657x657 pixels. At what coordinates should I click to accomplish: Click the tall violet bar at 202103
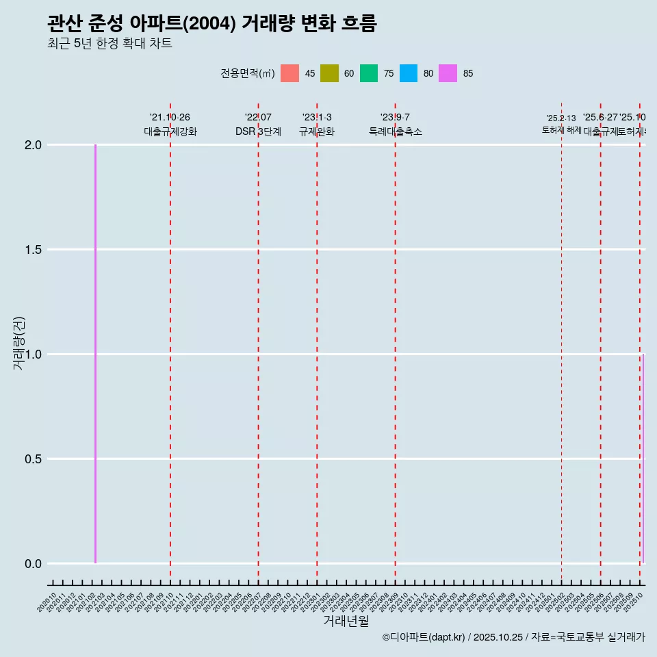point(95,354)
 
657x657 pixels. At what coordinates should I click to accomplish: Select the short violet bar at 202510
point(643,459)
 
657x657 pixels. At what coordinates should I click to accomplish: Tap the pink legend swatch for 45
point(289,73)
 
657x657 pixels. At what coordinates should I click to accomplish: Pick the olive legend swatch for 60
point(329,73)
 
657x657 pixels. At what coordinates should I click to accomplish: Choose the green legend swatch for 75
point(369,73)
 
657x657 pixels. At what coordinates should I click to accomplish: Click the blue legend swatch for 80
point(409,73)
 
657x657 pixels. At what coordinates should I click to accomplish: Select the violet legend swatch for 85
point(448,73)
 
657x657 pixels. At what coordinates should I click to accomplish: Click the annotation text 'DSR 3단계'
point(258,131)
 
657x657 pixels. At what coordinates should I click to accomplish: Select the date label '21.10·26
point(170,117)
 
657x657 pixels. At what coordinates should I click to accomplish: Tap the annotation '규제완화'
point(317,131)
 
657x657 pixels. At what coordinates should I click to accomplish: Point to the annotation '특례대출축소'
point(395,131)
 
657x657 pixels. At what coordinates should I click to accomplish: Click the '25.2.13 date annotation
point(561,118)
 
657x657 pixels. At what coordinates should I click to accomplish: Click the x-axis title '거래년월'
point(346,621)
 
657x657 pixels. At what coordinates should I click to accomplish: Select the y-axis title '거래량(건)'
point(19,344)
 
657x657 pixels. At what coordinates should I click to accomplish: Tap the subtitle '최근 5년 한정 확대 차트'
point(109,44)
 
